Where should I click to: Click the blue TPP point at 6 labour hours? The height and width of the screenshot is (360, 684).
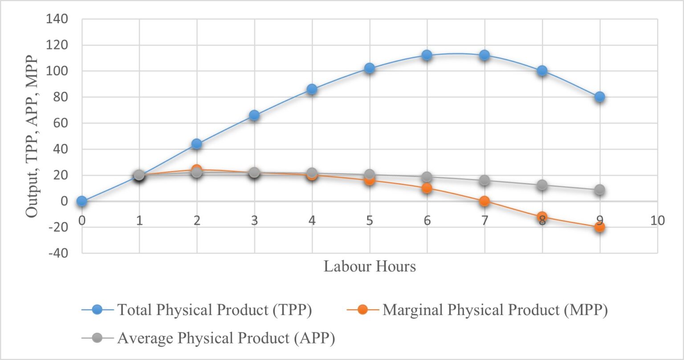coord(427,55)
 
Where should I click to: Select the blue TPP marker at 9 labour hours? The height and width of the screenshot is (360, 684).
coord(599,97)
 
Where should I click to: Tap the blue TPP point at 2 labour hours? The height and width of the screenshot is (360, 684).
coord(196,144)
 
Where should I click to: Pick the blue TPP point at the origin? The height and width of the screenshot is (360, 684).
coord(81,201)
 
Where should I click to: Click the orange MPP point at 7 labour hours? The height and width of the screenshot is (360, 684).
coord(484,201)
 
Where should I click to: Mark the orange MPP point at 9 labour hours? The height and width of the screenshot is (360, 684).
coord(599,227)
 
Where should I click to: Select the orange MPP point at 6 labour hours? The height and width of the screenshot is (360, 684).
coord(427,188)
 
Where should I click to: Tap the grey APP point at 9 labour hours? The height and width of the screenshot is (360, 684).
coord(599,190)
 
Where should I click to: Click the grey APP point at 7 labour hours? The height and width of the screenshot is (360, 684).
coord(484,180)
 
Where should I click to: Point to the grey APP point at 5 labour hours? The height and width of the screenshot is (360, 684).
coord(369,175)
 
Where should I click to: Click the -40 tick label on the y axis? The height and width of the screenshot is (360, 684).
coord(57,253)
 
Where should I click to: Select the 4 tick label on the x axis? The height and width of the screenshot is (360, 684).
coord(312,221)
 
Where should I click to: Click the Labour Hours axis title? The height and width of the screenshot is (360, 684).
coord(370,266)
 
